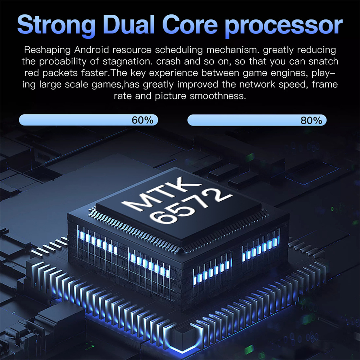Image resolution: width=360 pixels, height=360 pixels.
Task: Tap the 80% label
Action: click(x=311, y=120)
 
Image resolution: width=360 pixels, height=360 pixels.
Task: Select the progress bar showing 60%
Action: click(x=88, y=120)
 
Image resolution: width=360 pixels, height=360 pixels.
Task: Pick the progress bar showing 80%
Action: click(x=257, y=120)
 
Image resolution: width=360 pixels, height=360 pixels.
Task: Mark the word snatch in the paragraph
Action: click(x=324, y=61)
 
